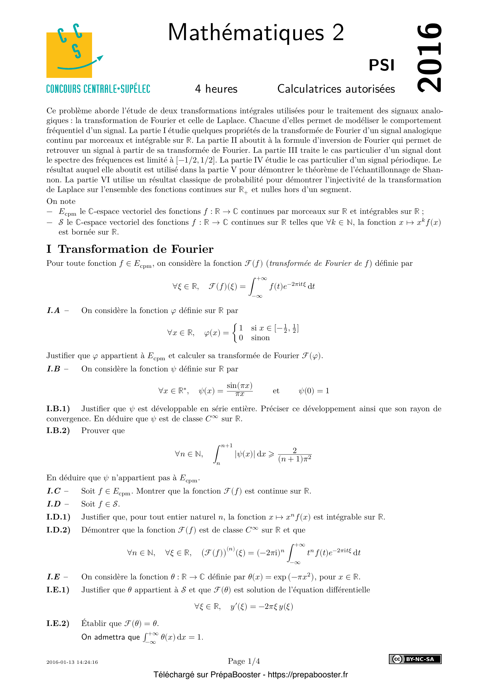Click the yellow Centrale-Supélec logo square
click(x=69, y=55)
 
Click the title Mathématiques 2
click(x=256, y=32)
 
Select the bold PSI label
click(x=381, y=65)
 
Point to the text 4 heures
click(x=216, y=89)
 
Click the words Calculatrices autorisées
click(x=336, y=89)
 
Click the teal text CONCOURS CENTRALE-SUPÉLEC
click(x=98, y=89)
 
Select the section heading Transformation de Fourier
click(x=135, y=249)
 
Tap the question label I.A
click(x=53, y=310)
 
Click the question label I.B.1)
click(x=58, y=409)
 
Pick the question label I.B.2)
click(x=58, y=431)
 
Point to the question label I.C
click(x=54, y=491)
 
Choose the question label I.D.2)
click(x=58, y=530)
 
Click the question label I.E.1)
click(x=58, y=590)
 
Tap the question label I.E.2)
click(x=58, y=623)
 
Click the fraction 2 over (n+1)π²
click(x=294, y=455)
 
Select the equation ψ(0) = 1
click(x=314, y=391)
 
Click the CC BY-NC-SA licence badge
click(x=415, y=659)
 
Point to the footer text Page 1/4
click(x=244, y=661)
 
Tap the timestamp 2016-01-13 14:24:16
click(x=72, y=662)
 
